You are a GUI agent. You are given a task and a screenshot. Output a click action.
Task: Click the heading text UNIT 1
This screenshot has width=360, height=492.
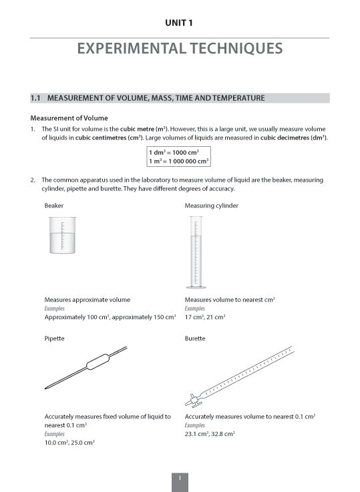[180, 23]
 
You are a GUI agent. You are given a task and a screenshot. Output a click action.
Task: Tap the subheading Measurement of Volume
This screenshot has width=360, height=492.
[69, 117]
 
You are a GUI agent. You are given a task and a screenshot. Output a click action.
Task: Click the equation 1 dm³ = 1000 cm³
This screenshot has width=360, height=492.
[178, 152]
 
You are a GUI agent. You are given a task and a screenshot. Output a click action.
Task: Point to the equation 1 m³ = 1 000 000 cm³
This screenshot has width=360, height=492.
[178, 161]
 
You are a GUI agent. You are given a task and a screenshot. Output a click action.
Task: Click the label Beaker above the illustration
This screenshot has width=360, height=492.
[54, 206]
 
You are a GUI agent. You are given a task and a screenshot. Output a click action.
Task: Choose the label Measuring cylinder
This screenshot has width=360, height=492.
[211, 206]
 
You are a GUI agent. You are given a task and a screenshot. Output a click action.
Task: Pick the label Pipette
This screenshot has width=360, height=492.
[54, 338]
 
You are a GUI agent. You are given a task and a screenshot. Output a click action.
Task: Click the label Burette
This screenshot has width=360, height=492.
[195, 338]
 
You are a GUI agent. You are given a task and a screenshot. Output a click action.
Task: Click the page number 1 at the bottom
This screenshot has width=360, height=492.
[180, 478]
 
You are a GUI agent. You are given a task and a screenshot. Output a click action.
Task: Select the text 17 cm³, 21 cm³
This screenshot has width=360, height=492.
[204, 316]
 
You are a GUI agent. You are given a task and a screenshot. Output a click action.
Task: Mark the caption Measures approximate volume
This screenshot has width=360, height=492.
[87, 300]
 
